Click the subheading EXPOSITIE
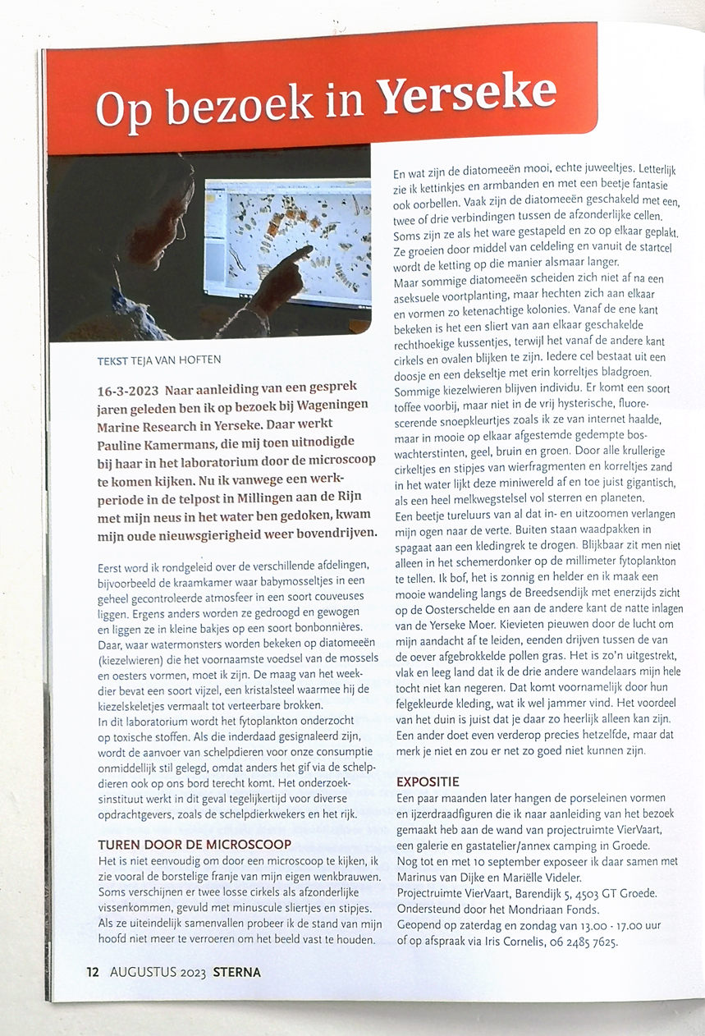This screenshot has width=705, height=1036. (x=428, y=781)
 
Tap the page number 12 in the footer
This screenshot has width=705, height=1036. (x=93, y=973)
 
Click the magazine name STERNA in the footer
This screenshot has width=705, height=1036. (x=236, y=973)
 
